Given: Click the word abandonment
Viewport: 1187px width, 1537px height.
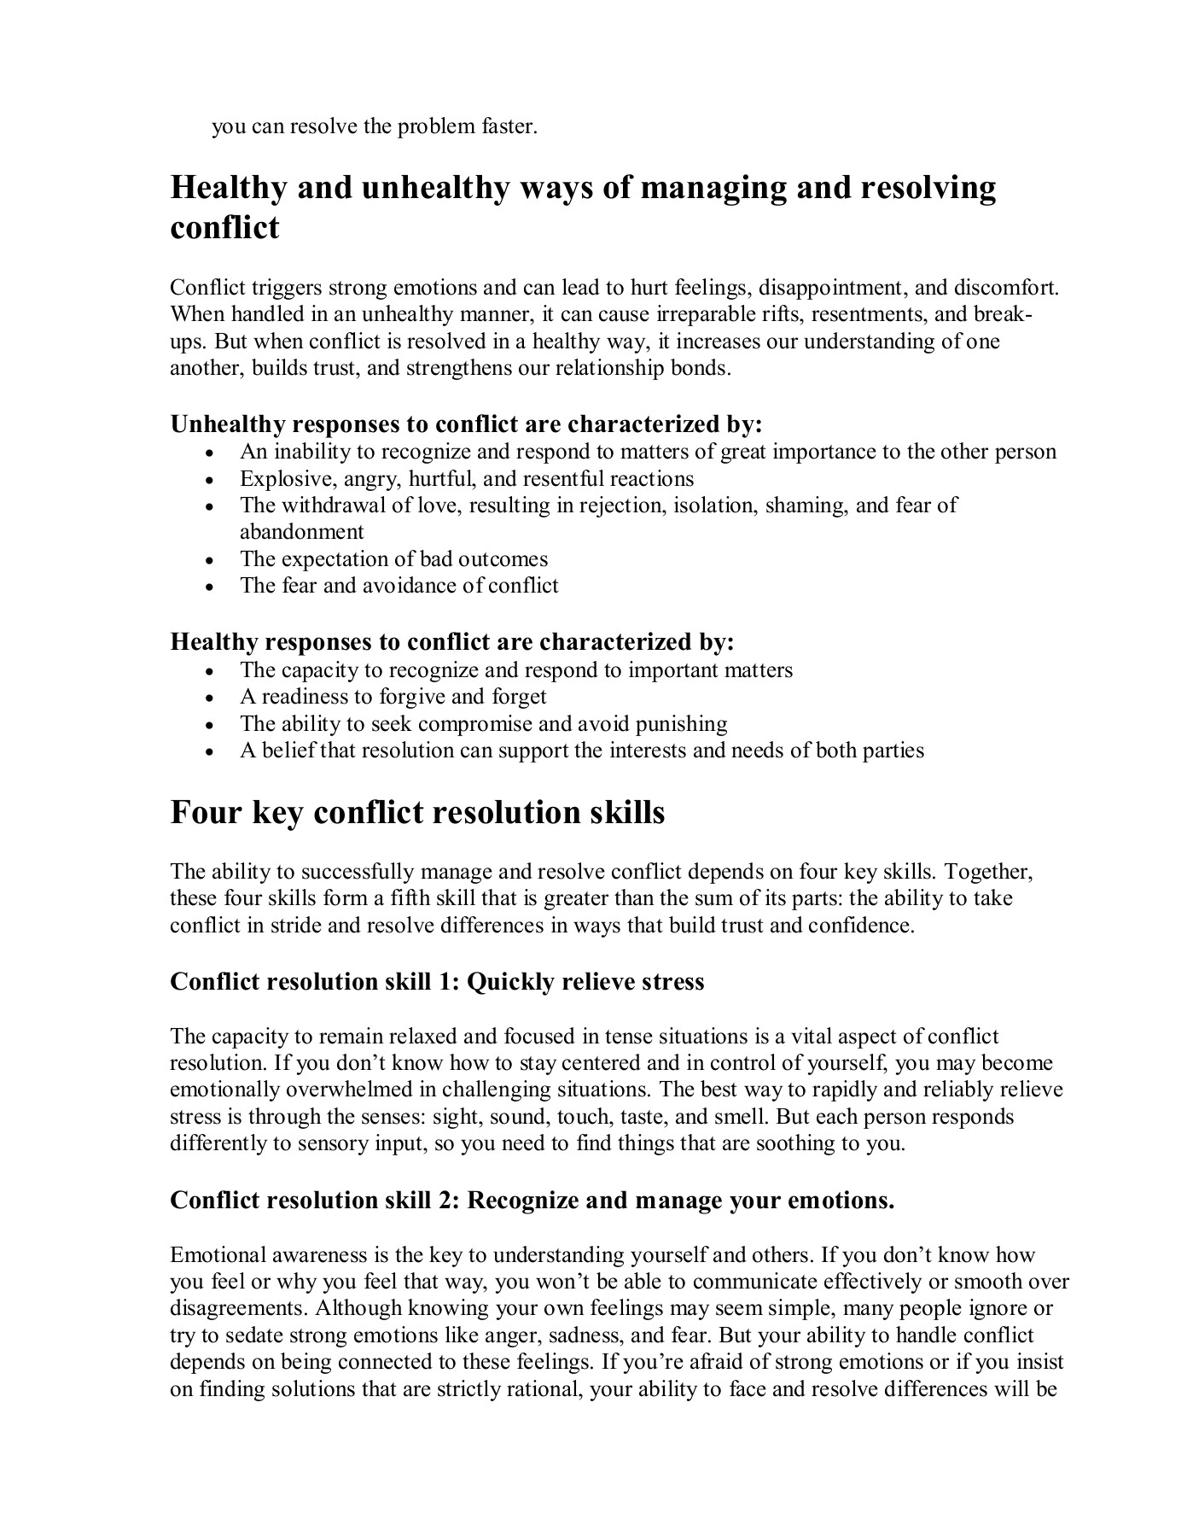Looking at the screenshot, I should click(x=301, y=532).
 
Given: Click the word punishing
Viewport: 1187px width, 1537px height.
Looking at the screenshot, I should click(x=678, y=724).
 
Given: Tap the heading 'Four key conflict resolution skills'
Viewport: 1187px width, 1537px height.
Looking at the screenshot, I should click(x=417, y=812).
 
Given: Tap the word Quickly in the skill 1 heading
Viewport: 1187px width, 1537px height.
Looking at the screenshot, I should click(x=510, y=982).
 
